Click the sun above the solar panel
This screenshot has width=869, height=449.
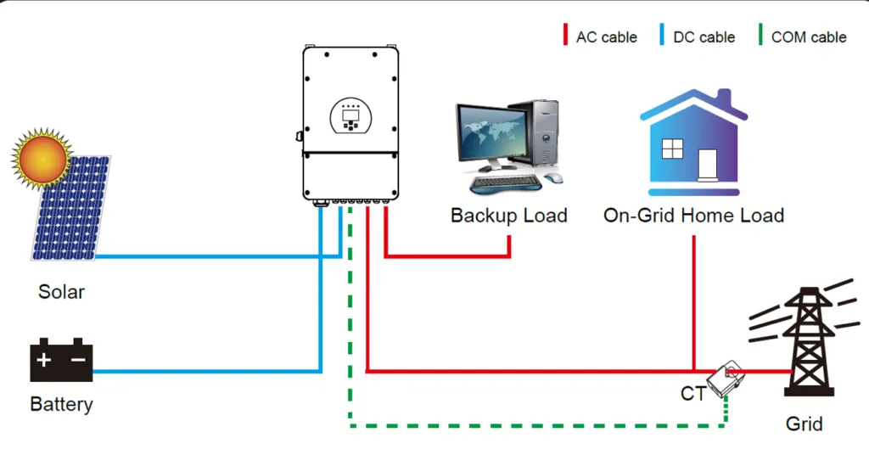click(x=41, y=158)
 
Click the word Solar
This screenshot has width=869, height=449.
click(x=62, y=292)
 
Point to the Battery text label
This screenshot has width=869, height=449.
click(x=61, y=404)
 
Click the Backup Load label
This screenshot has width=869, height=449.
click(x=508, y=216)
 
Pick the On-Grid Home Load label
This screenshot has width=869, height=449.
click(x=693, y=216)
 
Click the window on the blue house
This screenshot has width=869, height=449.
click(x=673, y=149)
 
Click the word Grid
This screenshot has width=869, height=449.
click(x=804, y=422)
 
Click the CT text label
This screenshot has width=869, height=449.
click(x=693, y=394)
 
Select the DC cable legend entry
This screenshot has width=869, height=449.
click(x=697, y=36)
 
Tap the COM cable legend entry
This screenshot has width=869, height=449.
click(x=802, y=36)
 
